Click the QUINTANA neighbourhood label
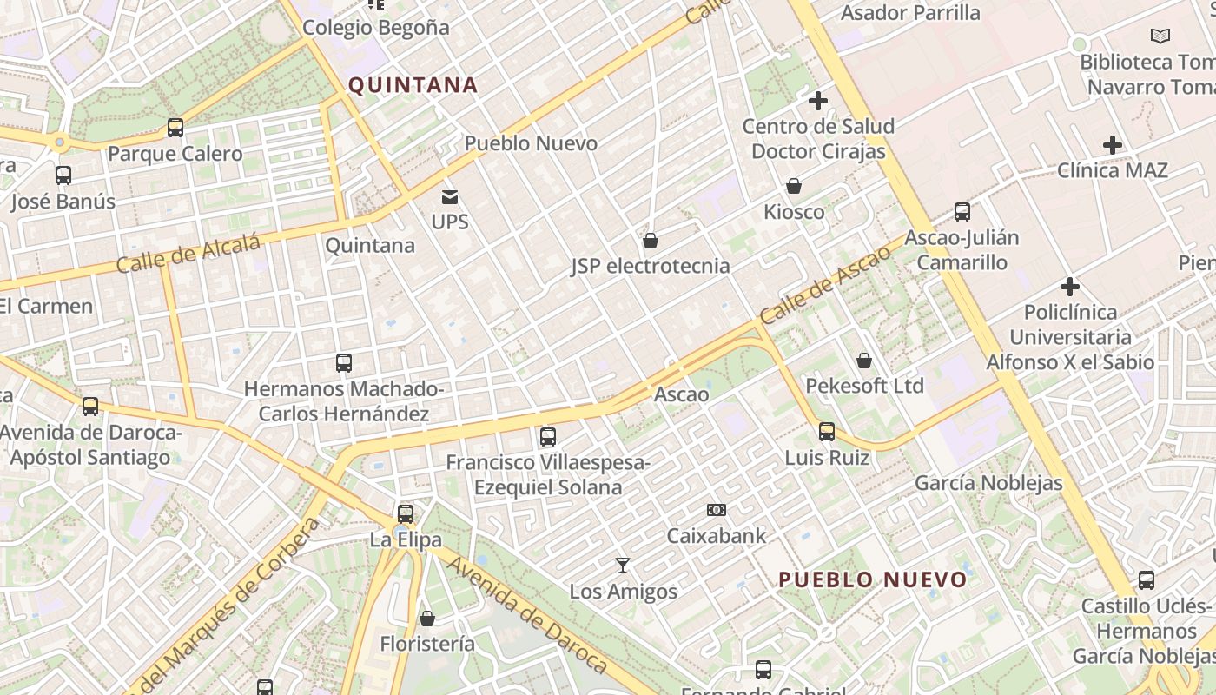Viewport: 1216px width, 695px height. pos(413,85)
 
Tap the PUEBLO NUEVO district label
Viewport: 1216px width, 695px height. pos(872,579)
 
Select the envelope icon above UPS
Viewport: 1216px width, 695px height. pos(450,197)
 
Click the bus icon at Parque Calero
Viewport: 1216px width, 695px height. pos(175,129)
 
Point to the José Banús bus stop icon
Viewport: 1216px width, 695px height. pos(63,175)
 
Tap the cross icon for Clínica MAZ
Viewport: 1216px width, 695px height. pos(1112,145)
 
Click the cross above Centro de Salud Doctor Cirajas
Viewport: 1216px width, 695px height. pos(817,102)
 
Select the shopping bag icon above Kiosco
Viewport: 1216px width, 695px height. pos(794,186)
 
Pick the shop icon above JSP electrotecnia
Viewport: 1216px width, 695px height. pos(651,241)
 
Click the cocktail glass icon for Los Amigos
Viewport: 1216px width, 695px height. pos(623,566)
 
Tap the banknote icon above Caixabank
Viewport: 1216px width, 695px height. pos(717,510)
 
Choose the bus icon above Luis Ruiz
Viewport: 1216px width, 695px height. pos(827,431)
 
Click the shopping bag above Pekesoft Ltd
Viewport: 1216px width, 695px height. pos(864,360)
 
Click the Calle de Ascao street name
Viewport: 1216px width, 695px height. pos(824,285)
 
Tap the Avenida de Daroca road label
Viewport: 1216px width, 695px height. pos(526,614)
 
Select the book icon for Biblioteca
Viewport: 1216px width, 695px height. pos(1160,36)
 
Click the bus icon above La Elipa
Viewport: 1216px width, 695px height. pos(406,513)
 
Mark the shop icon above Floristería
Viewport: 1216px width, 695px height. pos(427,619)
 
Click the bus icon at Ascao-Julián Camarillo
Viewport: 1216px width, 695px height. pos(962,211)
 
